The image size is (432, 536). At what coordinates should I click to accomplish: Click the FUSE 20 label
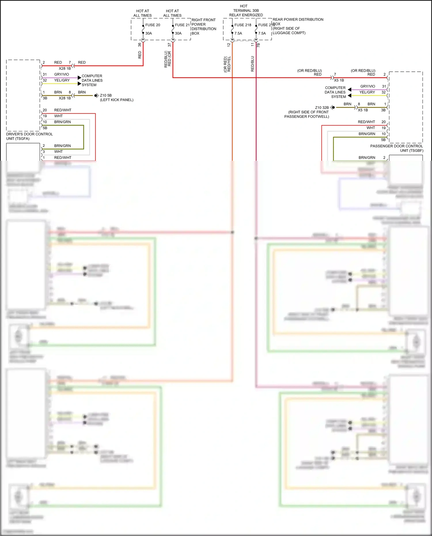pyautogui.click(x=153, y=25)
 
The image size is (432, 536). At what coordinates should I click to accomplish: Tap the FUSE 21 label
pyautogui.click(x=182, y=25)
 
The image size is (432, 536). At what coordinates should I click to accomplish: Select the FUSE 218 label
pyautogui.click(x=243, y=25)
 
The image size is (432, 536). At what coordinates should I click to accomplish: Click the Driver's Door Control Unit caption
pyautogui.click(x=29, y=136)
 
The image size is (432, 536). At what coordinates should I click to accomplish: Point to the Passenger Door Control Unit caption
pyautogui.click(x=397, y=148)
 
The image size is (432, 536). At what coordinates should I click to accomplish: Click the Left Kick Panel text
pyautogui.click(x=117, y=100)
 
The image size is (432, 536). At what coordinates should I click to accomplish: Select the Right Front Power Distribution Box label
pyautogui.click(x=204, y=26)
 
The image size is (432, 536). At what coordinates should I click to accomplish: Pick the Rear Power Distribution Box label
pyautogui.click(x=298, y=26)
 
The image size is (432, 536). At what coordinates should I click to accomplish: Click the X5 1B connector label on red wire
pyautogui.click(x=339, y=80)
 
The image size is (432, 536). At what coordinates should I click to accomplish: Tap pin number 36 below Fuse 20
pyautogui.click(x=140, y=45)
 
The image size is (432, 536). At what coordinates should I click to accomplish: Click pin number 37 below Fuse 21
pyautogui.click(x=169, y=45)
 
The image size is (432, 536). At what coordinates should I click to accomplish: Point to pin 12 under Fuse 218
pyautogui.click(x=229, y=45)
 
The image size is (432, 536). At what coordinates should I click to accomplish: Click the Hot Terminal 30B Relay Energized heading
pyautogui.click(x=246, y=10)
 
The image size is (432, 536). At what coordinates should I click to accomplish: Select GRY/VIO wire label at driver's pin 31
pyautogui.click(x=62, y=74)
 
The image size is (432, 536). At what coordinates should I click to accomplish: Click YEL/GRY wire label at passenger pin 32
pyautogui.click(x=367, y=92)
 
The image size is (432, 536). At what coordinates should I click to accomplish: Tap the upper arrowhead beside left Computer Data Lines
pyautogui.click(x=79, y=77)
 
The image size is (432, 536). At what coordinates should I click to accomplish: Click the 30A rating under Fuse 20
pyautogui.click(x=149, y=33)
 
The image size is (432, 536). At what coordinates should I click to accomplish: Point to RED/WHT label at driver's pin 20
pyautogui.click(x=62, y=110)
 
